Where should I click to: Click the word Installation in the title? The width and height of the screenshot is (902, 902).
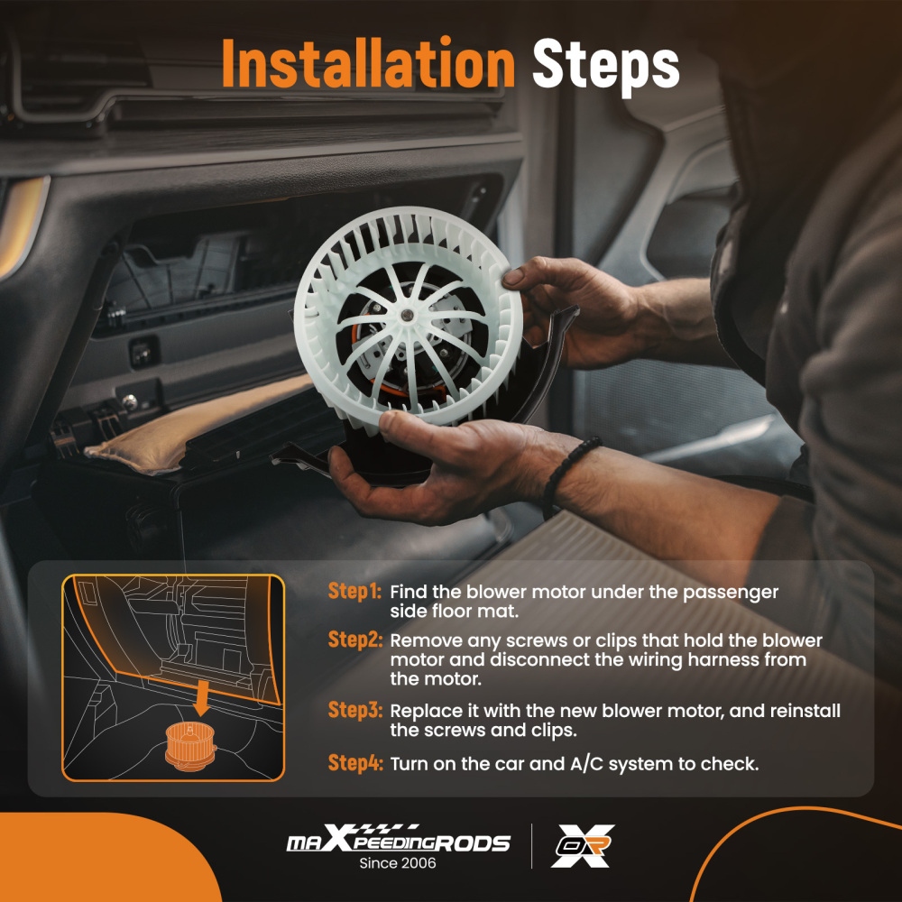[368, 63]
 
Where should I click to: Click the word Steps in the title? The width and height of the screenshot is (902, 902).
[606, 67]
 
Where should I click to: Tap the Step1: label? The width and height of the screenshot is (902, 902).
[354, 592]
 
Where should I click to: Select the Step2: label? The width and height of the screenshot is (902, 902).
[354, 640]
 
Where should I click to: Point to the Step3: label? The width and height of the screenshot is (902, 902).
[354, 710]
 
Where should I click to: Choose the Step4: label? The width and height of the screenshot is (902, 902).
[354, 763]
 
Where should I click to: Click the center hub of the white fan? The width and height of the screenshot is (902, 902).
[408, 314]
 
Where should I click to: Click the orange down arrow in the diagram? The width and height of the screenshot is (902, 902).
[201, 697]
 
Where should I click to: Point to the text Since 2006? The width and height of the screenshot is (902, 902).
[398, 863]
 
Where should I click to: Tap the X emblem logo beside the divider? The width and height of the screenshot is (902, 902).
[583, 846]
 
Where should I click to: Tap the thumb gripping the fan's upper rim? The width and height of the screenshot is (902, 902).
[527, 272]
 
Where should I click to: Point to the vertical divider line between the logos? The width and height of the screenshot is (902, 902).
[531, 846]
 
